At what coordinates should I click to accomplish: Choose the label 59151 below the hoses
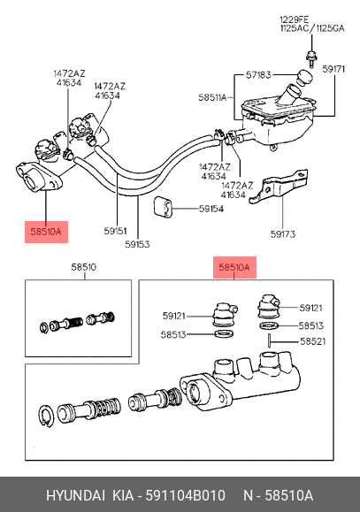click(116, 231)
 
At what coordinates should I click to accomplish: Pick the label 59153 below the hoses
click(138, 245)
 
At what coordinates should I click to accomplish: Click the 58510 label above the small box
click(83, 265)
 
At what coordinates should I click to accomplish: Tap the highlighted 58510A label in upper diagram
click(43, 233)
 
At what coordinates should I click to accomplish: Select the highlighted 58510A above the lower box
click(234, 265)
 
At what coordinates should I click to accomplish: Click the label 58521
click(311, 341)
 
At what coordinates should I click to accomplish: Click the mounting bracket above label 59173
click(275, 188)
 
